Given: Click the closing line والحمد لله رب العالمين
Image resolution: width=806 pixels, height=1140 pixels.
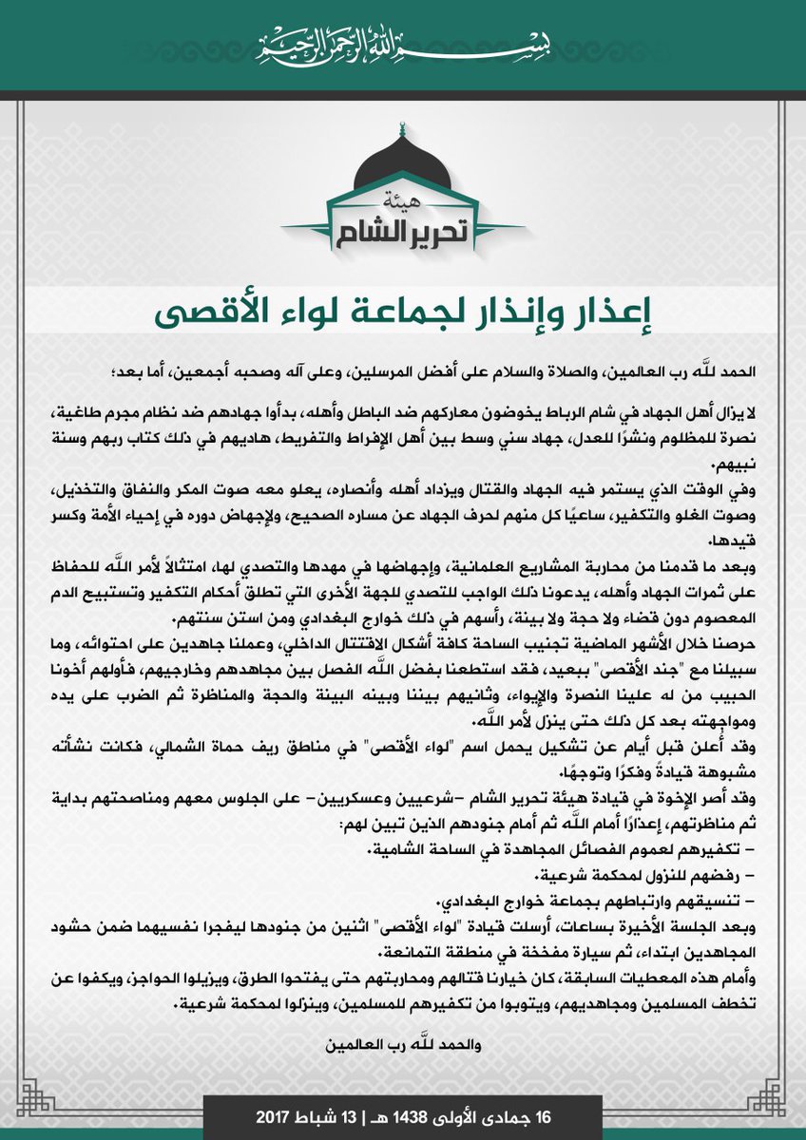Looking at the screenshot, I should click(402, 1046).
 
